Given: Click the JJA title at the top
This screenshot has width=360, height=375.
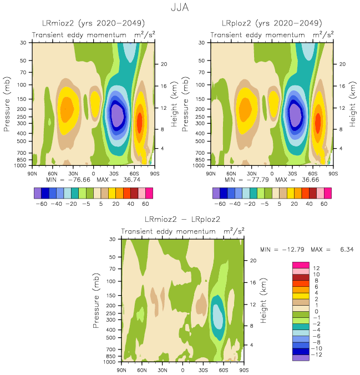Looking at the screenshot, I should click(x=180, y=8).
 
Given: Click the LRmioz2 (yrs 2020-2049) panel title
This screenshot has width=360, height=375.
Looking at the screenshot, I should click(x=94, y=23).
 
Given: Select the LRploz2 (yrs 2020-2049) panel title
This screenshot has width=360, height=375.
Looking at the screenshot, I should click(x=272, y=23).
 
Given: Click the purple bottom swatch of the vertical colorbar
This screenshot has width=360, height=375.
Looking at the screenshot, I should click(x=300, y=357).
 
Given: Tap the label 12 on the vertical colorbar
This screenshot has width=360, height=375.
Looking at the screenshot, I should click(x=317, y=268).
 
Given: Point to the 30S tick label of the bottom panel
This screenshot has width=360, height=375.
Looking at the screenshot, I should click(x=203, y=369).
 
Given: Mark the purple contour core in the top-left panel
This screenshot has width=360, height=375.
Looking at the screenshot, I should click(x=118, y=115).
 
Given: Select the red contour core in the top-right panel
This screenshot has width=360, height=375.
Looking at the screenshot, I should click(x=318, y=120).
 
